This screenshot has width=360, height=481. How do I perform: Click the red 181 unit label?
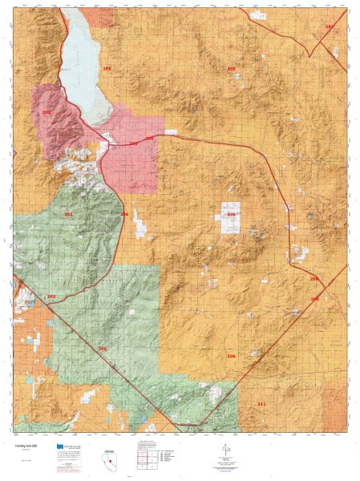pyautogui.click(x=329, y=27)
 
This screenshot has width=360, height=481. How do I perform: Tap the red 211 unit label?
pyautogui.click(x=261, y=403)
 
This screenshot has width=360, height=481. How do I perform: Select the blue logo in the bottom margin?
pyautogui.click(x=60, y=446)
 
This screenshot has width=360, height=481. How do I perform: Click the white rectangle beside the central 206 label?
pyautogui.click(x=230, y=218)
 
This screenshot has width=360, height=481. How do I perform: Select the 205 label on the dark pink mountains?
pyautogui.click(x=46, y=113)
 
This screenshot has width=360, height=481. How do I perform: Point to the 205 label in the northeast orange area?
pyautogui.click(x=231, y=69)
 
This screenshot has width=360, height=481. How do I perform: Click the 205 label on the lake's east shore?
pyautogui.click(x=107, y=70)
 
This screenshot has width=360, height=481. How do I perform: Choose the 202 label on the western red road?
pyautogui.click(x=51, y=297)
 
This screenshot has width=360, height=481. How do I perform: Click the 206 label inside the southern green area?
pyautogui.click(x=102, y=349)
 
